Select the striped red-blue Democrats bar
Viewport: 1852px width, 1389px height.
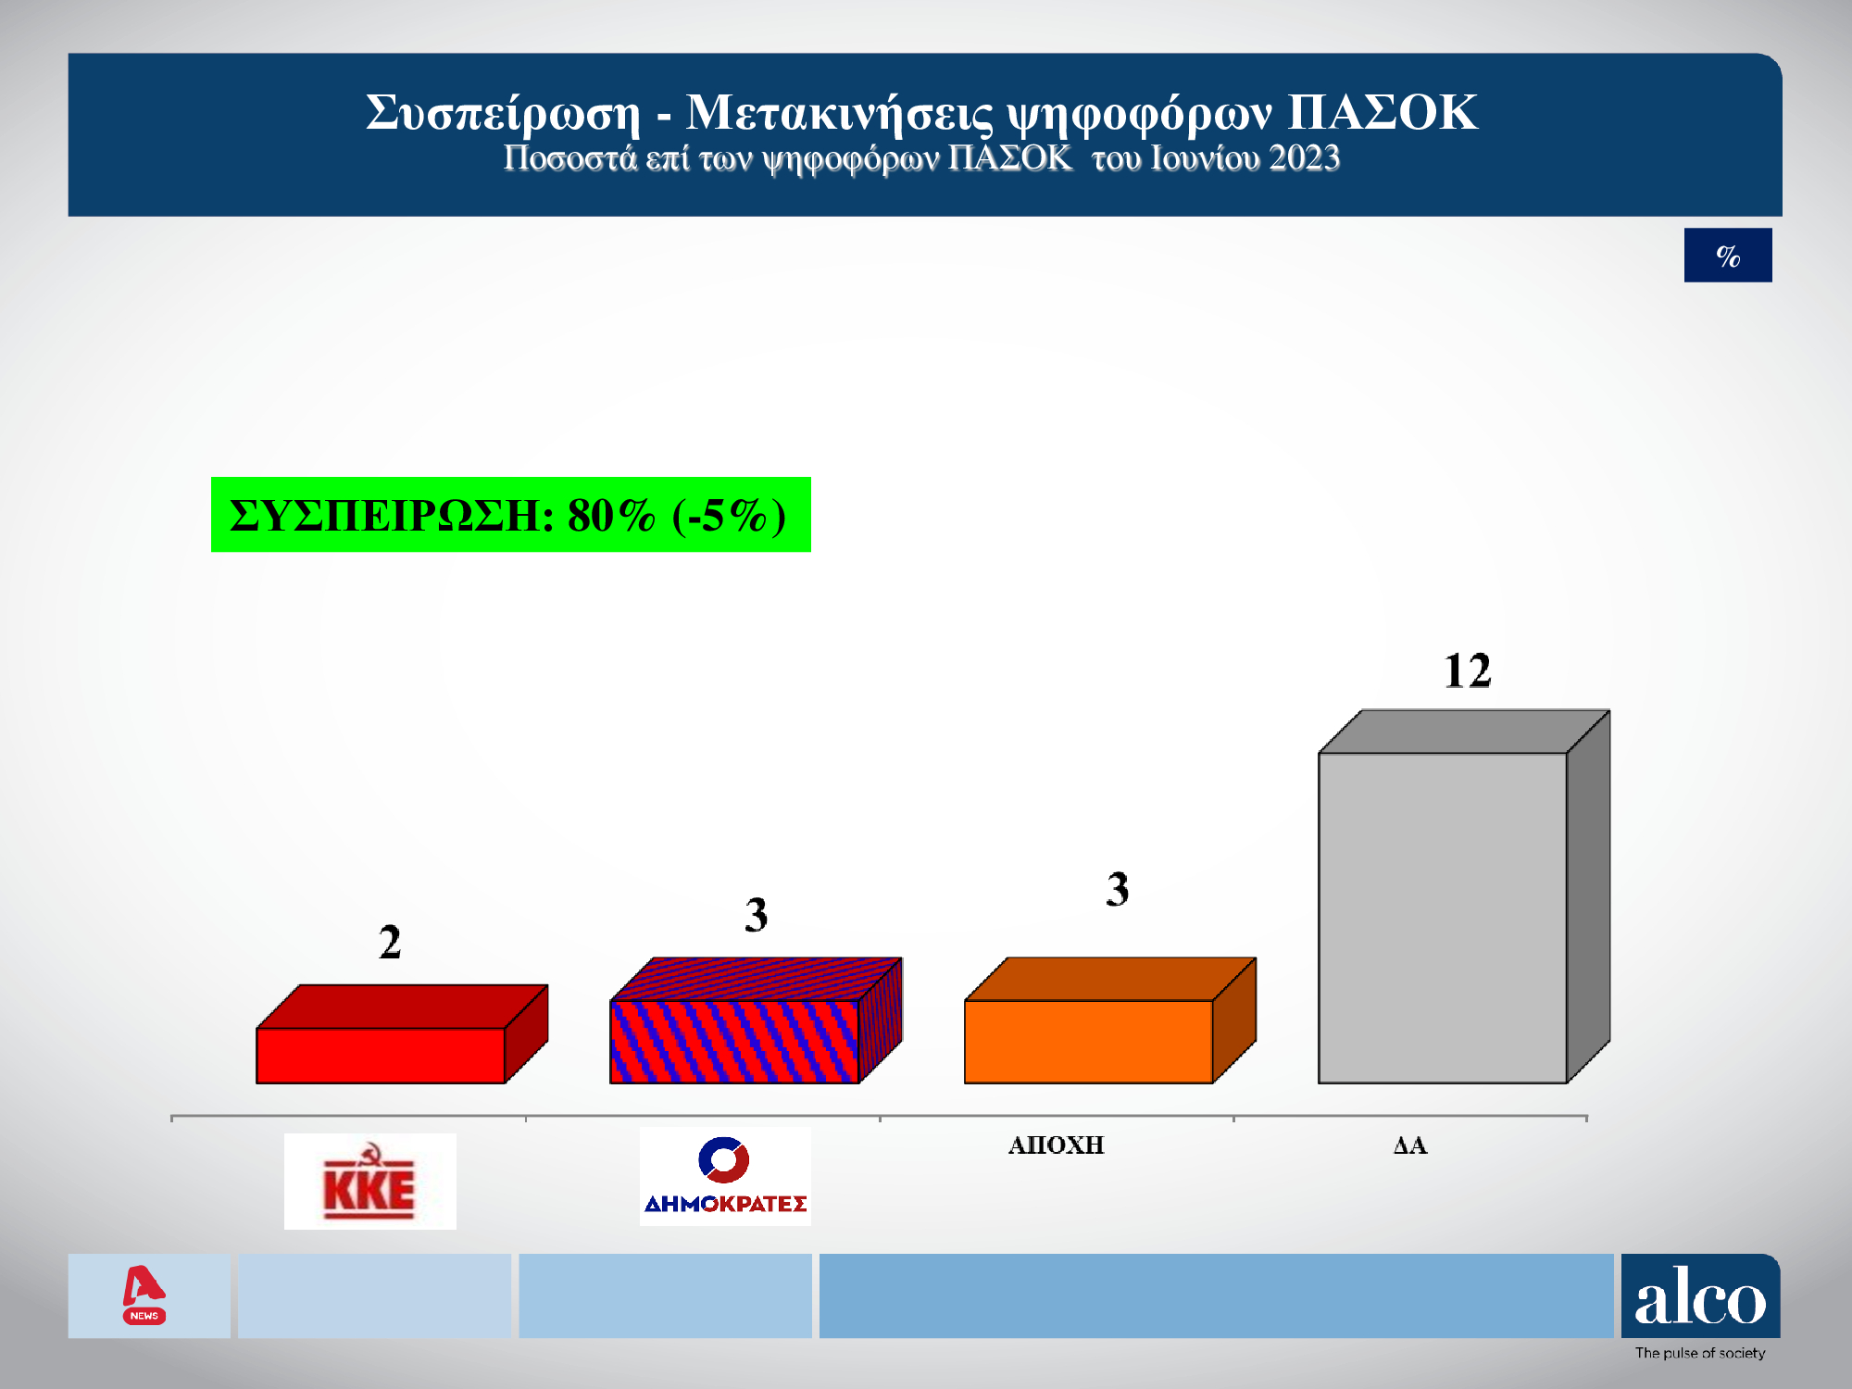(734, 1041)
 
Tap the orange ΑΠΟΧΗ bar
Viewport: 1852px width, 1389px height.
(1088, 1041)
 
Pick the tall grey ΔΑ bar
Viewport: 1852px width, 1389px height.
(1443, 917)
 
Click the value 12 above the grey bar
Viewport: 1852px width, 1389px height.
(1468, 671)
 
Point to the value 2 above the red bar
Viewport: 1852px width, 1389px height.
(390, 943)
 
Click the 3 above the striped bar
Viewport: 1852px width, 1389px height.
(756, 915)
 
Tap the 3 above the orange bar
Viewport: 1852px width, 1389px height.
(1118, 889)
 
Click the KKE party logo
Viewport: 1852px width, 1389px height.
(369, 1182)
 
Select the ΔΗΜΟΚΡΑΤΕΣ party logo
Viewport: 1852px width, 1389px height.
(725, 1177)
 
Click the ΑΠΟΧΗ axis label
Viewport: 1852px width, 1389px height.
(1056, 1145)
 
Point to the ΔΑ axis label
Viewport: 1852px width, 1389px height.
(1410, 1145)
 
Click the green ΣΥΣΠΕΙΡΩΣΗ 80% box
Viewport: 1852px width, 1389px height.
(510, 515)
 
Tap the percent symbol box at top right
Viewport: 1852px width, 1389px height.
(1728, 256)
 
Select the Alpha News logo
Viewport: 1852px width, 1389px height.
(144, 1295)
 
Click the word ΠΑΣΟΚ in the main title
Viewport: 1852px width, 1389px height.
(1382, 112)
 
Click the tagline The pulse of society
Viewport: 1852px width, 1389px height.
(1700, 1353)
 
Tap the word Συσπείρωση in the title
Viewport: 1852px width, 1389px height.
(503, 112)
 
